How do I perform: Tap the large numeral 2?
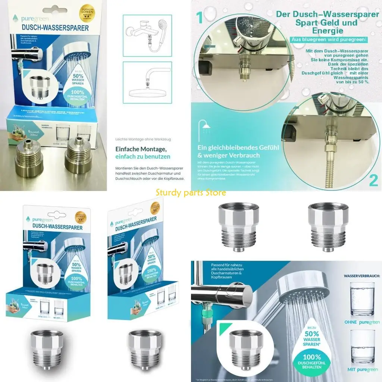click(x=373, y=179)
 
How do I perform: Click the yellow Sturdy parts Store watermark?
click(x=191, y=193)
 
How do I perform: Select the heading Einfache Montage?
click(x=133, y=148)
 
